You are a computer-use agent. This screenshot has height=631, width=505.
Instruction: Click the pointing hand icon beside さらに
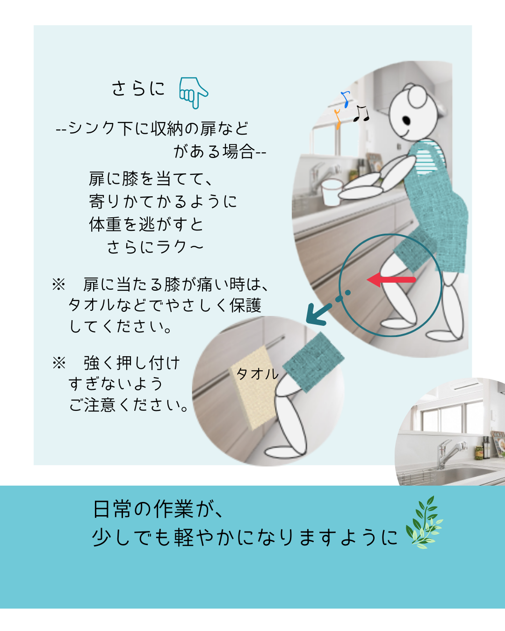pyautogui.click(x=194, y=93)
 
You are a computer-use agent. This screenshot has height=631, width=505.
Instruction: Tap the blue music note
pyautogui.click(x=346, y=99)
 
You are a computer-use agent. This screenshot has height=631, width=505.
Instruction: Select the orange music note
pyautogui.click(x=338, y=119)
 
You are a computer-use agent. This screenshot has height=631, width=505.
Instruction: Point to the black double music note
pyautogui.click(x=361, y=113)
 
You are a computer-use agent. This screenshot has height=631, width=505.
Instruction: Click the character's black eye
pyautogui.click(x=406, y=120)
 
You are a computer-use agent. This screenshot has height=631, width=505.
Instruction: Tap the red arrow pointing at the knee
pyautogui.click(x=391, y=279)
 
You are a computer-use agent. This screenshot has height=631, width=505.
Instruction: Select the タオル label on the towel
pyautogui.click(x=257, y=374)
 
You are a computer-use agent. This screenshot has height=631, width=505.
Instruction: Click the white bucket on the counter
pyautogui.click(x=332, y=193)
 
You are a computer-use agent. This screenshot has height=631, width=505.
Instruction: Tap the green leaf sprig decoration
pyautogui.click(x=424, y=523)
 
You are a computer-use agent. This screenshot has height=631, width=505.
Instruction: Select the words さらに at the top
pyautogui.click(x=138, y=88)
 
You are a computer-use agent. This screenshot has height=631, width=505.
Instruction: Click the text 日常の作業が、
pyautogui.click(x=159, y=509)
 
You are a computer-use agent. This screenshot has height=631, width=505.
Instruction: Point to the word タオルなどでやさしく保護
pyautogui.click(x=165, y=305)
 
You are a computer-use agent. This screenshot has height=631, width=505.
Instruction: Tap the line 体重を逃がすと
pyautogui.click(x=146, y=224)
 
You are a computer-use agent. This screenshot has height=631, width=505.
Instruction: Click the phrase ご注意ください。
pyautogui.click(x=128, y=405)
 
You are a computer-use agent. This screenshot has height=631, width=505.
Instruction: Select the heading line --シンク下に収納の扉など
pyautogui.click(x=152, y=129)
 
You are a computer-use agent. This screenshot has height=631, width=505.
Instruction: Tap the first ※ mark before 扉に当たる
pyautogui.click(x=59, y=285)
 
